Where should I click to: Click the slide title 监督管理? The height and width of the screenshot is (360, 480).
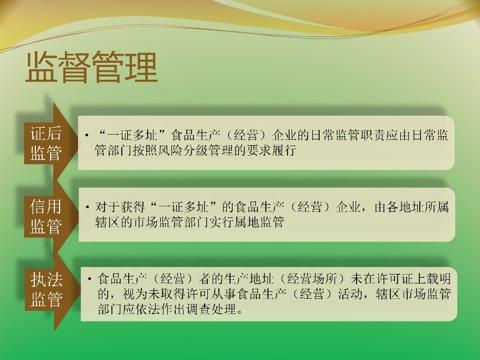tap(92, 68)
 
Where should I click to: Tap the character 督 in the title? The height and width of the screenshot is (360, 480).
tap(74, 68)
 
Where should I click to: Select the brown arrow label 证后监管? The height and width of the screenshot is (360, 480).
tap(46, 143)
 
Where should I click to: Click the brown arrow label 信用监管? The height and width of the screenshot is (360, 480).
tap(46, 216)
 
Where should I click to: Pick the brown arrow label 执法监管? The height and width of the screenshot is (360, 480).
tap(46, 289)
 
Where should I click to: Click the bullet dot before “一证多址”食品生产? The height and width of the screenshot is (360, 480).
tap(87, 135)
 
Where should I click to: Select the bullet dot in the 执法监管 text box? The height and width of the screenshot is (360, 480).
tap(90, 279)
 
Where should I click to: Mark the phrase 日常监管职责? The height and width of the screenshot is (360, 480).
tap(348, 135)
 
